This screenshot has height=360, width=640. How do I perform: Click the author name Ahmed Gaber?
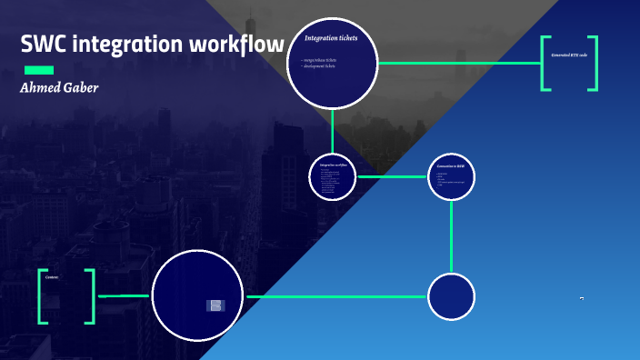coord(59,88)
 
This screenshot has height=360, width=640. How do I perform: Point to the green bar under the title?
coord(38,70)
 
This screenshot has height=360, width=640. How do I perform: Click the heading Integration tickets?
coord(331,38)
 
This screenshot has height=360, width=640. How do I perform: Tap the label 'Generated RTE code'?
coord(570,55)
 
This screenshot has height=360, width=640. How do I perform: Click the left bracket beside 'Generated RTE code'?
coord(545,63)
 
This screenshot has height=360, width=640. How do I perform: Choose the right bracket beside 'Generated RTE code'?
coord(595,63)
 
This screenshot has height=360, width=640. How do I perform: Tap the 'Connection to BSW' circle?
coord(452,176)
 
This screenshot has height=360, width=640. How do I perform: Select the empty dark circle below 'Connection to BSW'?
coord(452,297)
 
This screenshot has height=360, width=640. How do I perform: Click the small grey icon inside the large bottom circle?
coord(215,305)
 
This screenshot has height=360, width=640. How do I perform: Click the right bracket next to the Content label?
coord(90,296)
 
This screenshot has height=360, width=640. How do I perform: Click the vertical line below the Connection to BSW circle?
coord(452,236)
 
